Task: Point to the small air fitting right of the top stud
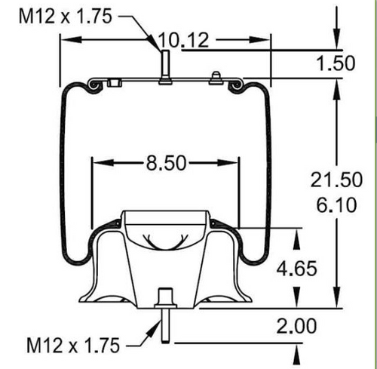(216, 77)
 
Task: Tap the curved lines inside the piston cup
(166, 242)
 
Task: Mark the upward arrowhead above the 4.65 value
(296, 238)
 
